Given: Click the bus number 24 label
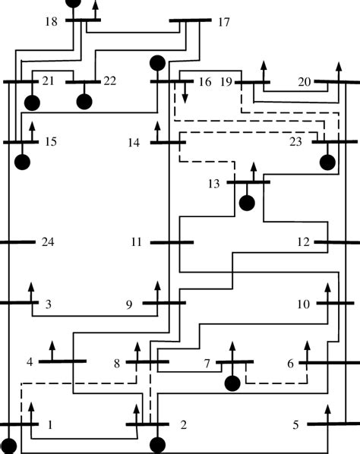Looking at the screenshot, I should click(48, 243).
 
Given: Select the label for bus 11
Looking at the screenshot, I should click(137, 243).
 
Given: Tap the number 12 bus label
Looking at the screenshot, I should click(304, 243).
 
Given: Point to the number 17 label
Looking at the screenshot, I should click(223, 22).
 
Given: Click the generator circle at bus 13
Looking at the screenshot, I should click(246, 203).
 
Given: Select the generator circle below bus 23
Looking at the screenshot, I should click(327, 162).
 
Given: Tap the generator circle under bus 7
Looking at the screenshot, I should click(232, 383).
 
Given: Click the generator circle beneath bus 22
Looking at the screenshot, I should click(84, 101).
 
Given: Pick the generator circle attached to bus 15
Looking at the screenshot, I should click(22, 162).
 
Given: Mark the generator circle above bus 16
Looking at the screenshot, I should click(158, 62).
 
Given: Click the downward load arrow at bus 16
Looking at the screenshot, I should click(183, 94).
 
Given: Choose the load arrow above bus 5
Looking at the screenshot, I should click(327, 414).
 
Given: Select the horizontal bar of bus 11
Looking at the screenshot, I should click(172, 243).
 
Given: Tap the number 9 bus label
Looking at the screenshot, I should click(129, 305).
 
